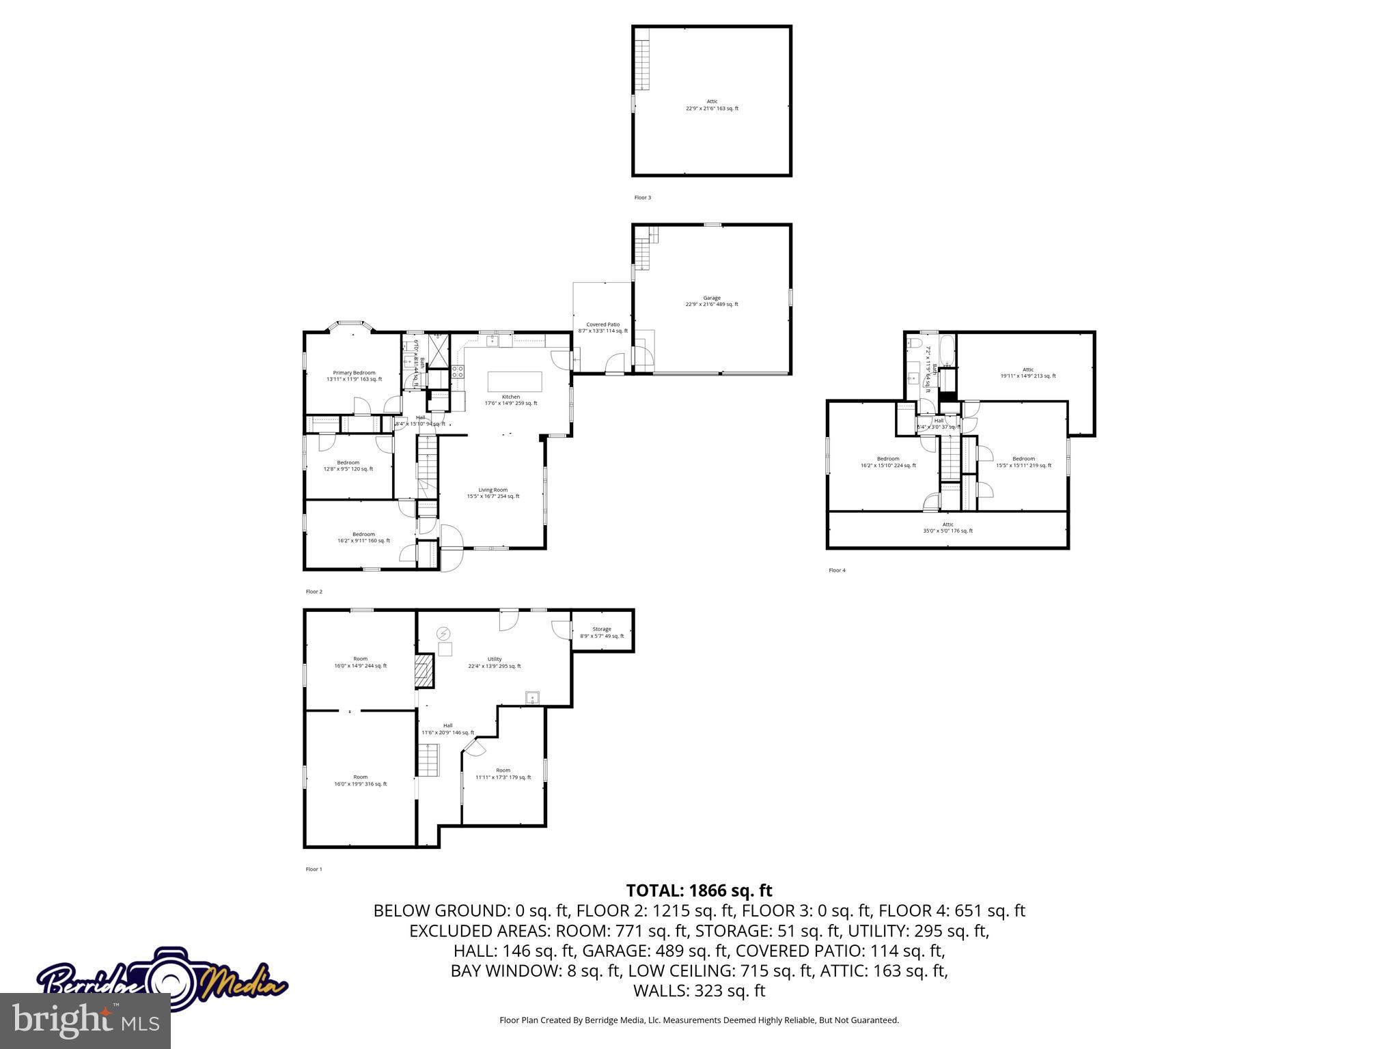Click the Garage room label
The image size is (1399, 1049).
712,301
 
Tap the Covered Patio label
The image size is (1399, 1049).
602,328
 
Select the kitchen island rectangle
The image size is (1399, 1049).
514,381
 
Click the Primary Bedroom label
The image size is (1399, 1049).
354,376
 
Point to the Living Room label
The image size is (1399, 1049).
493,493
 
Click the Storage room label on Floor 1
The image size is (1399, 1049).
602,632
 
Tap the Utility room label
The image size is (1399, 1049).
495,662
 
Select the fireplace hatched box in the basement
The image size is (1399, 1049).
424,671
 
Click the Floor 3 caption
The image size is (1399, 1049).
643,198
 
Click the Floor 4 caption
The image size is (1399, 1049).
837,570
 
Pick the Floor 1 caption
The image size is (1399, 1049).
314,869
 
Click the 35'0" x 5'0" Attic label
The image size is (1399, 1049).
947,528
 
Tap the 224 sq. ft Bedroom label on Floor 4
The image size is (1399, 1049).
888,462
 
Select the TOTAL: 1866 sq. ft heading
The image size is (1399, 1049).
699,891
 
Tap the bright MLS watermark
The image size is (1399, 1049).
85,1020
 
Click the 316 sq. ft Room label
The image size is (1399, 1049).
360,781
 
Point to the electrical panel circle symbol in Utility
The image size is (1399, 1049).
445,632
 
